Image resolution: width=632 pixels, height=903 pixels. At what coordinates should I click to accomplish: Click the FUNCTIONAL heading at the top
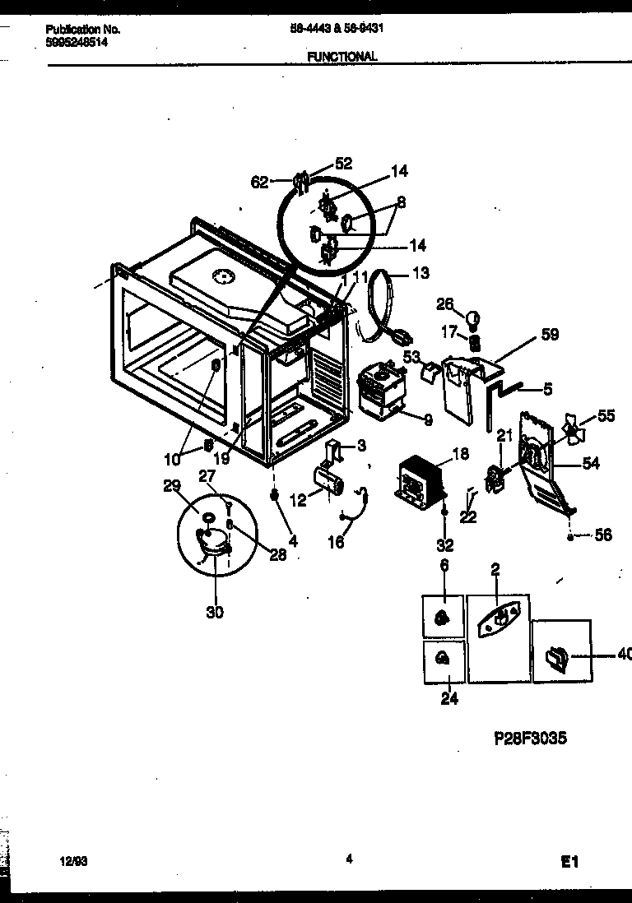point(342,57)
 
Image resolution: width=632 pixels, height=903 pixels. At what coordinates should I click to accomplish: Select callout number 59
point(550,334)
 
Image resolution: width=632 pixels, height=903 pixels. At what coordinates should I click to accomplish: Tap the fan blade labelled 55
point(571,428)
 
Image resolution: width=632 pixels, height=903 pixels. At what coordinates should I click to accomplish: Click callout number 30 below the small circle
point(215,611)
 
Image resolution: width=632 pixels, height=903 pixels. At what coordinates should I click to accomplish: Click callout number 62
point(259,183)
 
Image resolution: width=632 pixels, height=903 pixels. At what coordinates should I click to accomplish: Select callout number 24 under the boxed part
point(449,699)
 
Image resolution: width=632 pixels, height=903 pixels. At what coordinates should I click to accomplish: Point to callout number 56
point(603,535)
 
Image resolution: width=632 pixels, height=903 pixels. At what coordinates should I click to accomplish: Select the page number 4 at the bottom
point(349,859)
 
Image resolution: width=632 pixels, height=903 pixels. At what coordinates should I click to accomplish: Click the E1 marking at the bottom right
point(570,862)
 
